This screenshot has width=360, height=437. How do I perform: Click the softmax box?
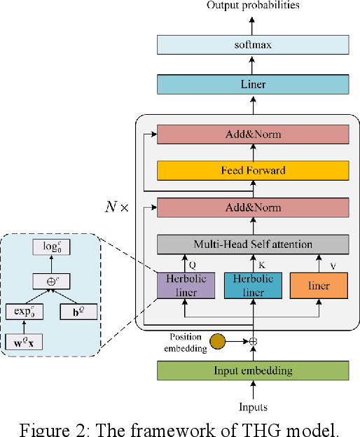[x=253, y=45]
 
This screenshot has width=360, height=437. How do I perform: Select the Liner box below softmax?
[x=253, y=85]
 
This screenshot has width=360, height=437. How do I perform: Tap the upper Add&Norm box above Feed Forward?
[x=253, y=134]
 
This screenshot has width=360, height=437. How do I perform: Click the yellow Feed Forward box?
[x=253, y=170]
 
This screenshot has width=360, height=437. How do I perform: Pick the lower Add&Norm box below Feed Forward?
[x=253, y=207]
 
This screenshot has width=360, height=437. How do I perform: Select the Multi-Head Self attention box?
[x=253, y=244]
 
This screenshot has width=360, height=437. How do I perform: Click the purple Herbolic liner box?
[x=186, y=286]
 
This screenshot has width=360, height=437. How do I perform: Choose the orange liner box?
[x=319, y=286]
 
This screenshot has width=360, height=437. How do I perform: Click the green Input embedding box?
[x=253, y=370]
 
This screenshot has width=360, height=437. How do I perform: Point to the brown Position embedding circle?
[x=219, y=342]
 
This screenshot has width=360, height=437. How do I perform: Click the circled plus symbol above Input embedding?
[x=254, y=342]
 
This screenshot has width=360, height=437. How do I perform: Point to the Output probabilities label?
[x=253, y=6]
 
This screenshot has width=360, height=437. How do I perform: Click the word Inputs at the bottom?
[x=253, y=407]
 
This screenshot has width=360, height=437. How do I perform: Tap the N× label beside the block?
[x=118, y=208]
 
